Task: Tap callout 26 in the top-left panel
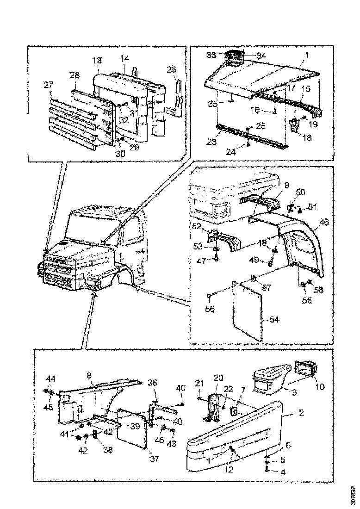[x=171, y=69]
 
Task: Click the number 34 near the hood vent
[x=261, y=56]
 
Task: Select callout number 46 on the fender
[x=324, y=223]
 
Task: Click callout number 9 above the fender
[x=286, y=185]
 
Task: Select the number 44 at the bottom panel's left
[x=51, y=378]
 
